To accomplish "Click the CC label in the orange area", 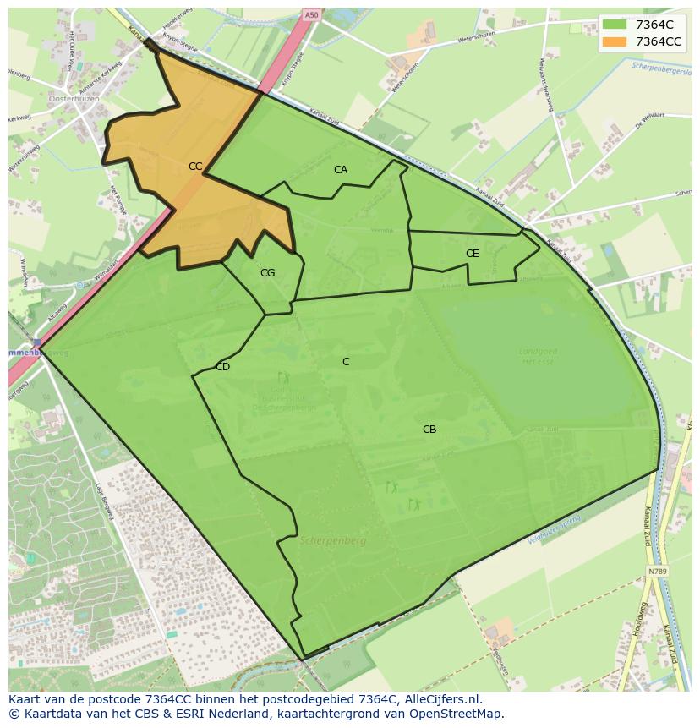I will (x=195, y=167).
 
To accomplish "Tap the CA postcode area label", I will (x=340, y=170).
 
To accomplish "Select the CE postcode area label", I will (x=472, y=254).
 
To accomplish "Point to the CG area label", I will (x=267, y=273).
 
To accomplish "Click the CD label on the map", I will (x=222, y=367).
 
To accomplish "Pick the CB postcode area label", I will (x=429, y=430).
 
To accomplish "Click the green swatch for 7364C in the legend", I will (x=615, y=24).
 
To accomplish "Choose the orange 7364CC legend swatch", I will (x=615, y=41).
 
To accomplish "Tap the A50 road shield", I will (x=311, y=15).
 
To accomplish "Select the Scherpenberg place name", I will (x=332, y=540).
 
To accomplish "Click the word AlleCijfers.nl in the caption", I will (x=440, y=700).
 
